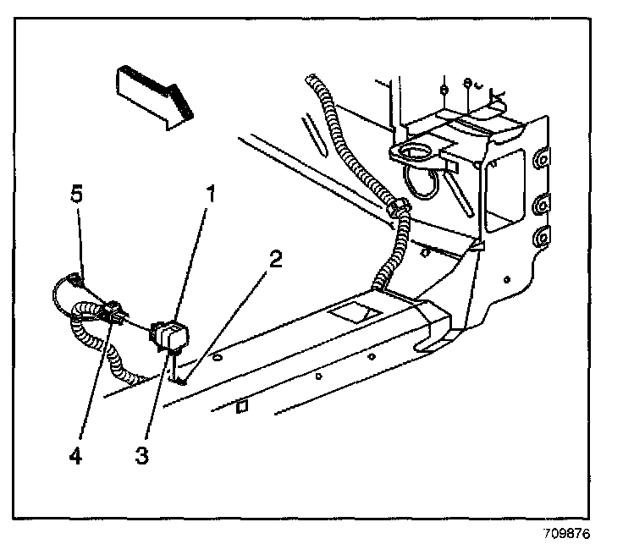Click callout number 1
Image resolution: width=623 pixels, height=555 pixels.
[x=209, y=195]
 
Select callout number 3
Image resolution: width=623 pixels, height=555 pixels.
[x=142, y=455]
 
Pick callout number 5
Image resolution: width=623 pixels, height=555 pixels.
[x=76, y=195]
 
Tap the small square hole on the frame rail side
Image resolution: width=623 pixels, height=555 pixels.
[x=242, y=407]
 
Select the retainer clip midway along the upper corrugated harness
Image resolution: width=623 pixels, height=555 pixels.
[x=394, y=206]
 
